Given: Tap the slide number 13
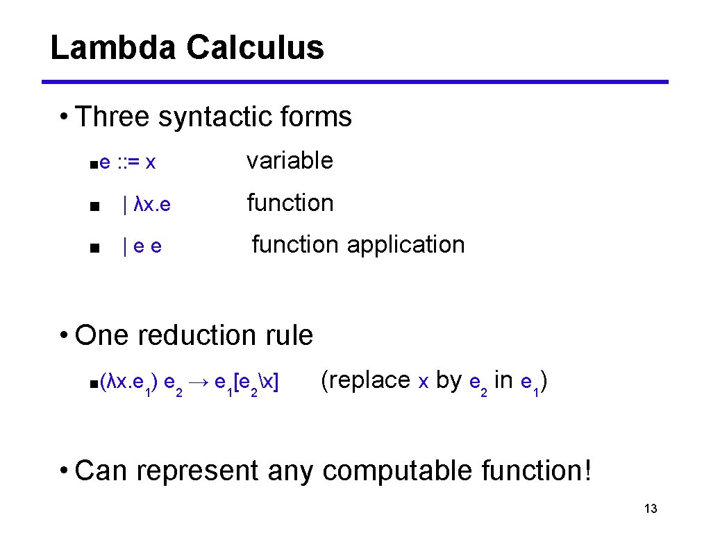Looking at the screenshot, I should point(651,509).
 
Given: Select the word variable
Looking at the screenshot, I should point(290,161).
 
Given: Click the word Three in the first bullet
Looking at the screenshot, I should point(112,117).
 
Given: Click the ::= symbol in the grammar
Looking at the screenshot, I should point(127,162).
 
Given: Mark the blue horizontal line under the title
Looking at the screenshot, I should point(355,82).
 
